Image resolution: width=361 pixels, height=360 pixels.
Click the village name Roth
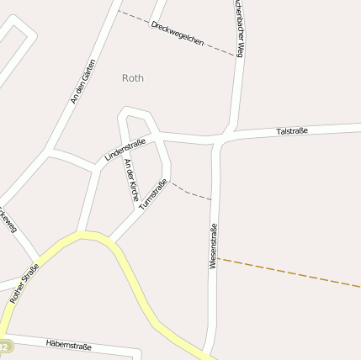click(133, 78)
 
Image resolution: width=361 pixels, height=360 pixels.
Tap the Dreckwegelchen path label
click(178, 34)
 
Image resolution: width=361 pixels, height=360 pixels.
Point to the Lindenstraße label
click(125, 150)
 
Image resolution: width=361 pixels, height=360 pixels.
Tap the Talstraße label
click(292, 131)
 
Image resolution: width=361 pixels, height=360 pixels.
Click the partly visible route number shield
click(4, 347)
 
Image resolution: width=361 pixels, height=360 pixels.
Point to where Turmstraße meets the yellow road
click(112, 240)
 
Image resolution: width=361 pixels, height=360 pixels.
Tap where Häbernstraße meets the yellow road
click(7, 336)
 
